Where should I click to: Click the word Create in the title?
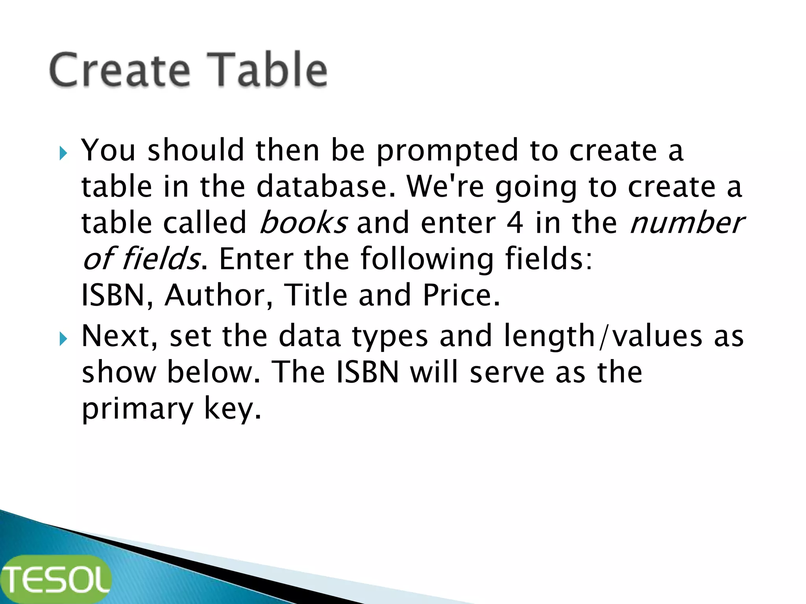pyautogui.click(x=120, y=70)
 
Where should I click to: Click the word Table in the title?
pyautogui.click(x=268, y=70)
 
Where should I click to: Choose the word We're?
pyautogui.click(x=445, y=187)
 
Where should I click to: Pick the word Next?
pyautogui.click(x=120, y=336)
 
